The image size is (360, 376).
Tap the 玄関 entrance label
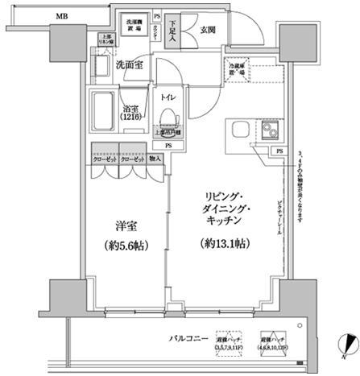pyautogui.click(x=206, y=31)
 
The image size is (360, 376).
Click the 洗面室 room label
pyautogui.click(x=128, y=65)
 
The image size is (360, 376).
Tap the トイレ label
pyautogui.click(x=168, y=97)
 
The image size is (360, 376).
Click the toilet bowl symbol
pyautogui.click(x=168, y=118)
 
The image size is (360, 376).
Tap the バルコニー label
pyautogui.click(x=189, y=338)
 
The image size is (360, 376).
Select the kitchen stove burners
pyautogui.click(x=267, y=131)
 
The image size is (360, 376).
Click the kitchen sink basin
pyautogui.click(x=239, y=130)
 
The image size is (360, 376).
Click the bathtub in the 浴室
pyautogui.click(x=105, y=110)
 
